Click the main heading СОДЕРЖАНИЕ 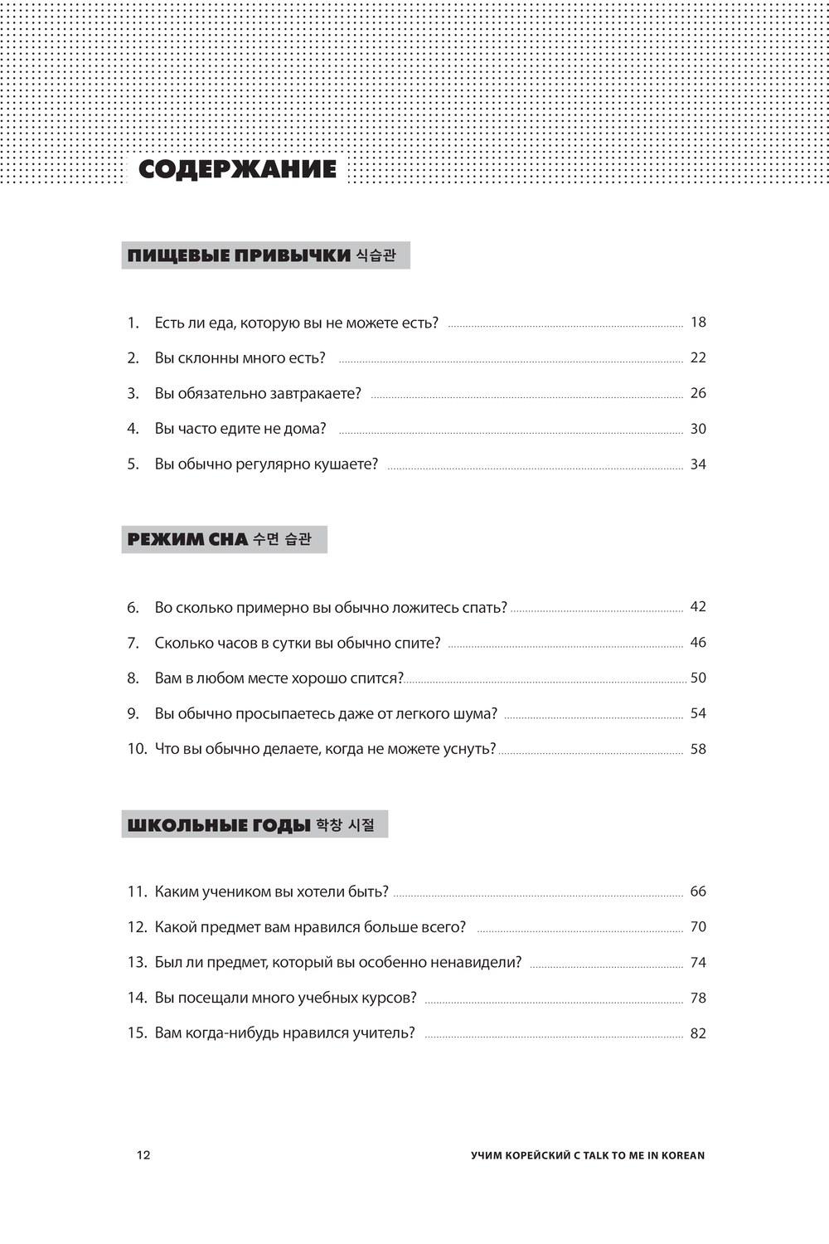coord(237,169)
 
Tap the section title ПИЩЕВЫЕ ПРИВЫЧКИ coord(239,255)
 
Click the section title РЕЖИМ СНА coord(187,540)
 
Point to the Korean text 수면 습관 coord(282,540)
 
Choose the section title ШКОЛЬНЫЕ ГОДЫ coord(219,825)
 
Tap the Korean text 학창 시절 coord(346,825)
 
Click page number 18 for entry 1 coord(698,323)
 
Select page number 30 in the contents coord(698,429)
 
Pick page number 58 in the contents coord(698,749)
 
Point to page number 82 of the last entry coord(698,1033)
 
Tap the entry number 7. coord(133,643)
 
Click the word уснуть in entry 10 coord(468,749)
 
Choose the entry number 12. coord(136,927)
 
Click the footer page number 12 coord(143,1155)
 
